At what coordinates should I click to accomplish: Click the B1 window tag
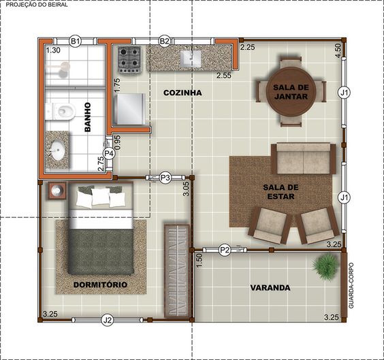coord(75,41)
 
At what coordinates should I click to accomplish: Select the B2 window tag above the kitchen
coord(165,41)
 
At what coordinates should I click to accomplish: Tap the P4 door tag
coord(109,153)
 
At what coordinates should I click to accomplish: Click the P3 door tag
coord(165,178)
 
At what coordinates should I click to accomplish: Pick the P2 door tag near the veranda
coord(225,250)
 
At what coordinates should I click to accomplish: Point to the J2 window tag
coord(108,320)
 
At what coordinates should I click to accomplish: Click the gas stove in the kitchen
coord(129,60)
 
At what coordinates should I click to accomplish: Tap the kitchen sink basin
coord(191,59)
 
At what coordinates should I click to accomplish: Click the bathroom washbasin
coord(57,150)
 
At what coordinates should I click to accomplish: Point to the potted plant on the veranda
coord(326,266)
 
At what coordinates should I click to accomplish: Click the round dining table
coord(291,91)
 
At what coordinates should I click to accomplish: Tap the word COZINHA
coord(182,93)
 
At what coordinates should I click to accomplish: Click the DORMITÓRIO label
coord(100,284)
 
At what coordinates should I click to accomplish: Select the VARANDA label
coord(270,288)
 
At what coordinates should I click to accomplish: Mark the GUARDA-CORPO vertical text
coord(351,286)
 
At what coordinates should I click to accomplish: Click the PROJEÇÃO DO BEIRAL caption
coord(37,5)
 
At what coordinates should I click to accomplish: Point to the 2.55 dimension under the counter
coord(224,76)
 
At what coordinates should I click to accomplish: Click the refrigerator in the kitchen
coord(129,109)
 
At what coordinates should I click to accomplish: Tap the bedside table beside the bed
coord(57,190)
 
